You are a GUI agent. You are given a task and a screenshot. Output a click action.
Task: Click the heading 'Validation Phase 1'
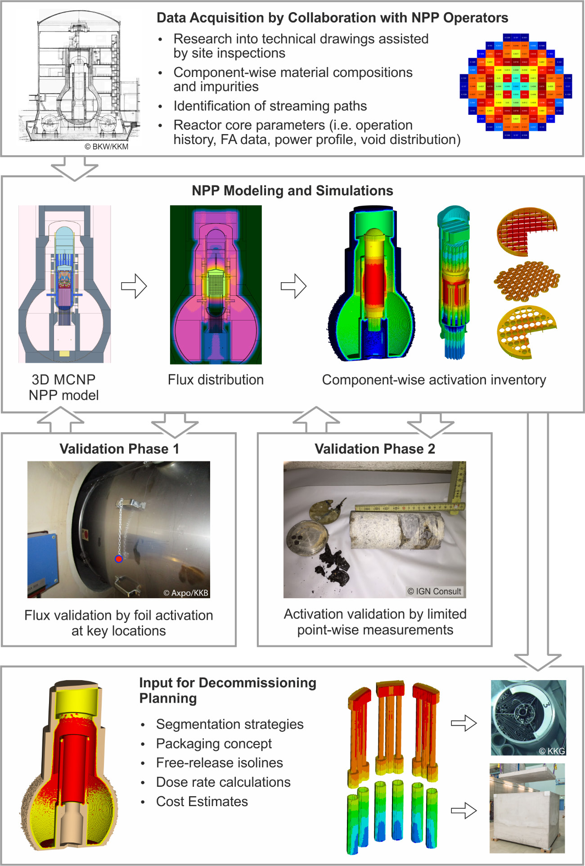(x=119, y=449)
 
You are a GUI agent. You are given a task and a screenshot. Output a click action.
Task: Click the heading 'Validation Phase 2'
(x=374, y=449)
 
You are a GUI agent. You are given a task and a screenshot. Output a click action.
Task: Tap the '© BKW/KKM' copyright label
(x=107, y=147)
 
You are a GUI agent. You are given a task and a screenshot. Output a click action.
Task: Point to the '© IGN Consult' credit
(x=435, y=591)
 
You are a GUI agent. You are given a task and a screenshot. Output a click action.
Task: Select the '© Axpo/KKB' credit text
(x=186, y=593)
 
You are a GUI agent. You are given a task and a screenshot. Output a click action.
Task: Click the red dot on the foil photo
(x=119, y=559)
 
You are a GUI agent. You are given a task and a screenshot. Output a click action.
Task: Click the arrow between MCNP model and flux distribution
(x=134, y=286)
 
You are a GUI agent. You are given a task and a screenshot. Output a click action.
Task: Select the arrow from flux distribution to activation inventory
(x=293, y=286)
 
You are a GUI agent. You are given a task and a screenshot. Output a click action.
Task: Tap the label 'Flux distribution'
(x=216, y=380)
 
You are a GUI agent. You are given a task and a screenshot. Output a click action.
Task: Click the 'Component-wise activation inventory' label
(x=434, y=380)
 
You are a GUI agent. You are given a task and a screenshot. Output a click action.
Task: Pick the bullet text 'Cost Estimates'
(x=202, y=802)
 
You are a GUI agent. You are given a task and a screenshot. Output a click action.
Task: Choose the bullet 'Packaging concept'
(x=214, y=744)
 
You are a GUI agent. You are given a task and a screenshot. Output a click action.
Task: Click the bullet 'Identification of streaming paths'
(x=270, y=106)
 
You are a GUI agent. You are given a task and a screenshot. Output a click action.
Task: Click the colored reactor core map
(x=516, y=86)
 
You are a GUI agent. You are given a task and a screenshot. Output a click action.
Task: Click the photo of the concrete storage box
(x=527, y=808)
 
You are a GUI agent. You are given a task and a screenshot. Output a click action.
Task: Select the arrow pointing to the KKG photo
(x=463, y=723)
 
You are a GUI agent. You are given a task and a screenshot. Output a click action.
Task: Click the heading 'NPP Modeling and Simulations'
(x=292, y=191)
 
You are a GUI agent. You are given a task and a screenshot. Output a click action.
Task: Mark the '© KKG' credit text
(x=552, y=751)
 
